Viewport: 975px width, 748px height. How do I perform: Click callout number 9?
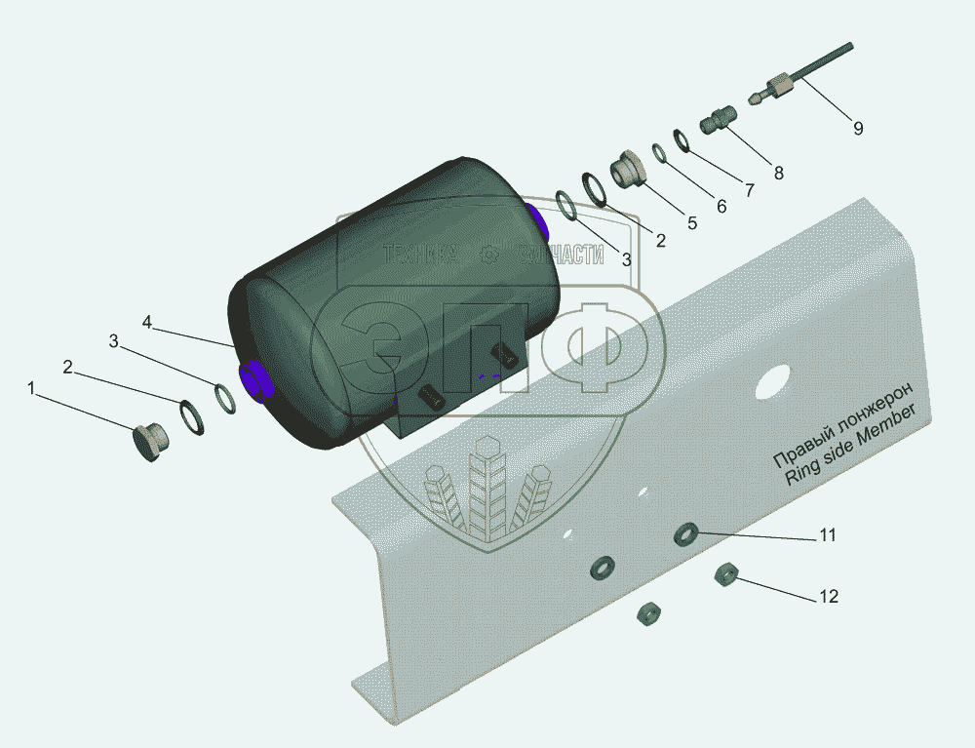858,128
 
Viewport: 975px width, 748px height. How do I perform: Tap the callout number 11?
828,534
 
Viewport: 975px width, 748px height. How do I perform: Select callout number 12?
829,596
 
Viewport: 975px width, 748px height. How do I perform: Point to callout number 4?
147,322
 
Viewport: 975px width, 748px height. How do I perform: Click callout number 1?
32,388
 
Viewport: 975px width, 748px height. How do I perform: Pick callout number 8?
778,173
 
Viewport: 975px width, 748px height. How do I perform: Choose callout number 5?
692,222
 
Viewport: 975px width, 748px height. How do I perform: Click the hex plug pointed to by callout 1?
150,441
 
